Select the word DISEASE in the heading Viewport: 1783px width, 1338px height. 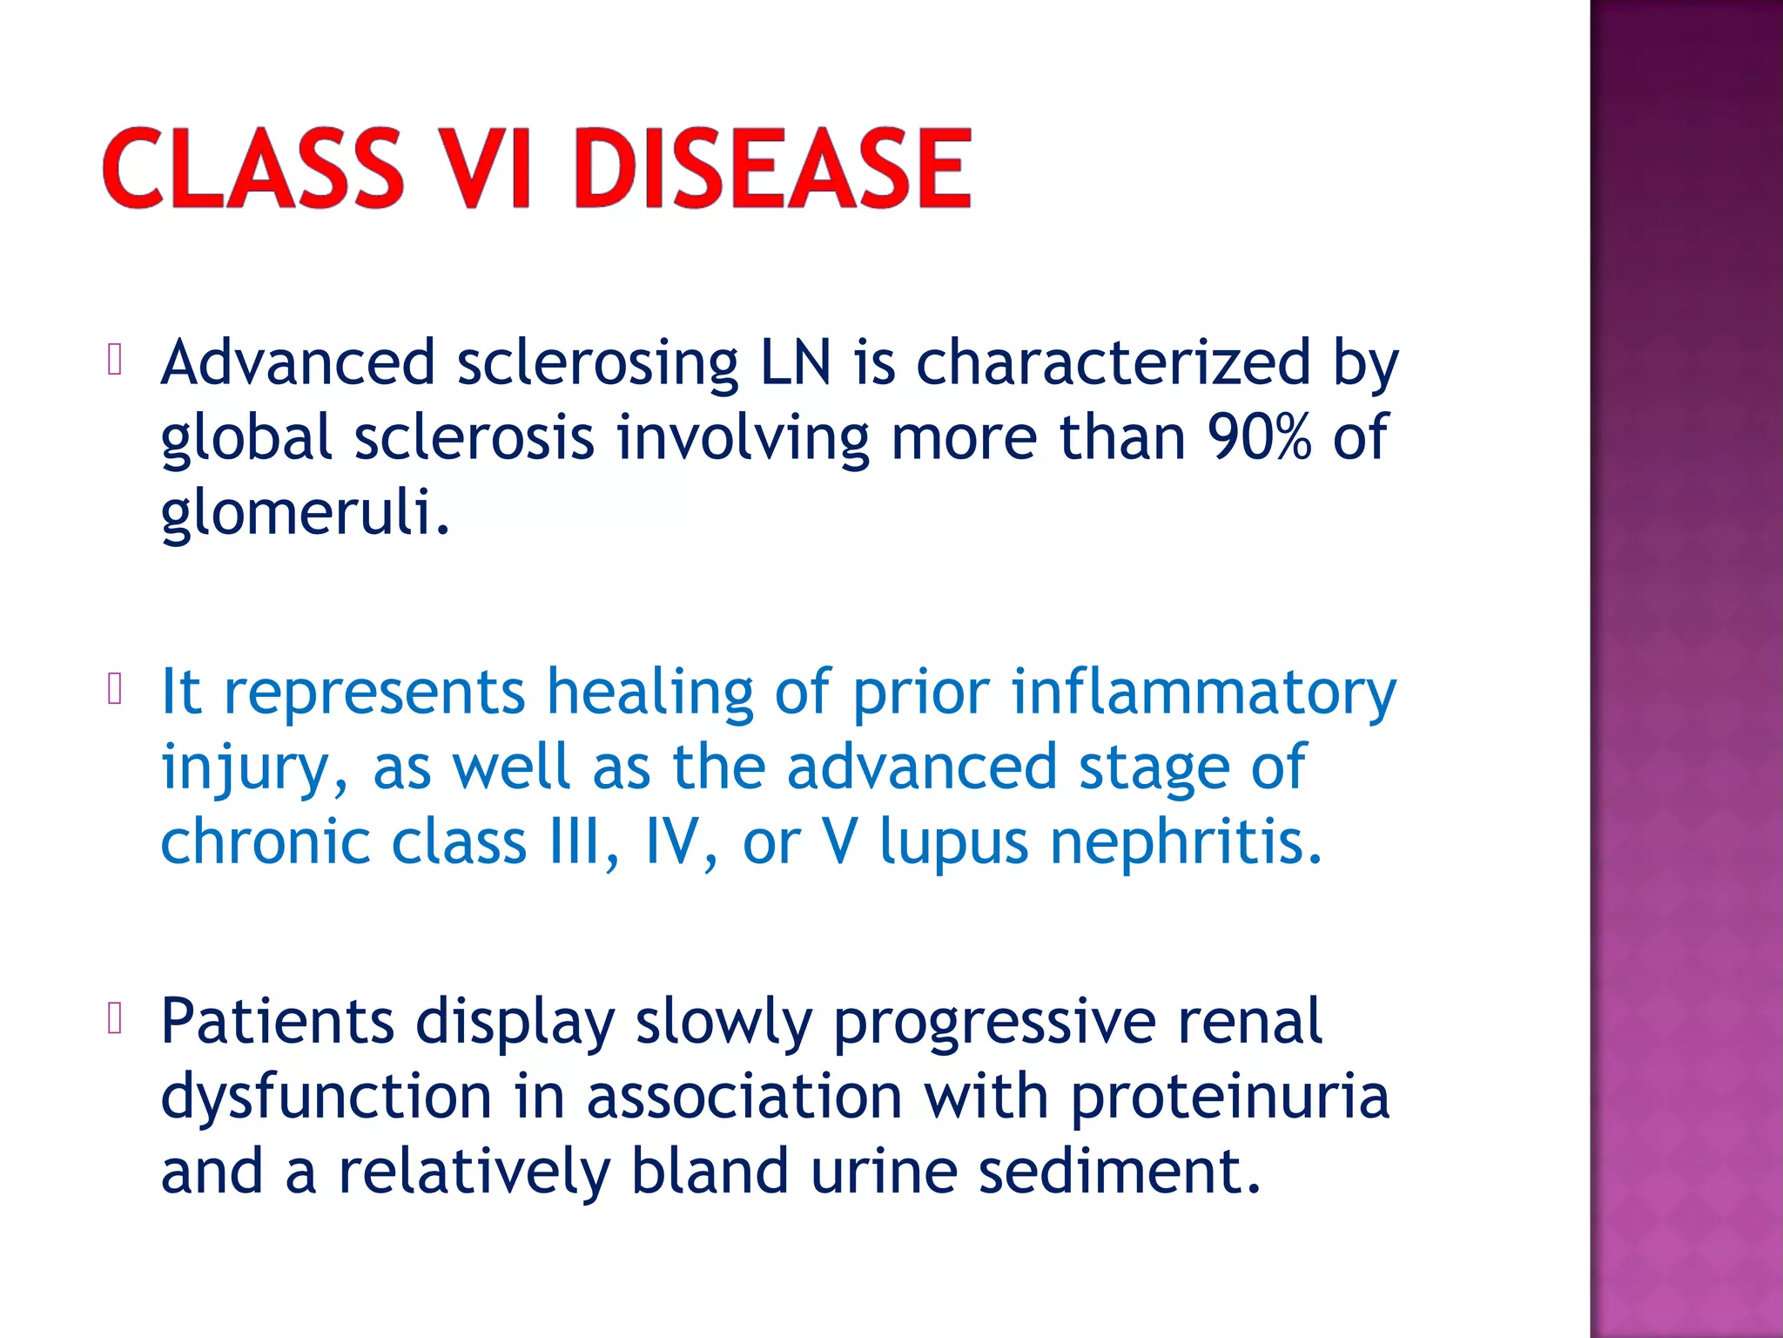(771, 168)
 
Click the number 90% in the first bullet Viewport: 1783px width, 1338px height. (1259, 437)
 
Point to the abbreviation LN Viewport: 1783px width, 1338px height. (796, 362)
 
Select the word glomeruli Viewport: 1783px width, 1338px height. (305, 512)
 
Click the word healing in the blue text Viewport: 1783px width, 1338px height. (649, 692)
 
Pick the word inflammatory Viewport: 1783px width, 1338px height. (1203, 692)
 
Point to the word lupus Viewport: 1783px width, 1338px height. (954, 843)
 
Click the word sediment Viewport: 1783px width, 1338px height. (1120, 1171)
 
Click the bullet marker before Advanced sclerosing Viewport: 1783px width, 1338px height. (114, 360)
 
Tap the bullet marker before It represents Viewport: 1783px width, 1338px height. (114, 689)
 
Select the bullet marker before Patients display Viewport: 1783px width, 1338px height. (114, 1018)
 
